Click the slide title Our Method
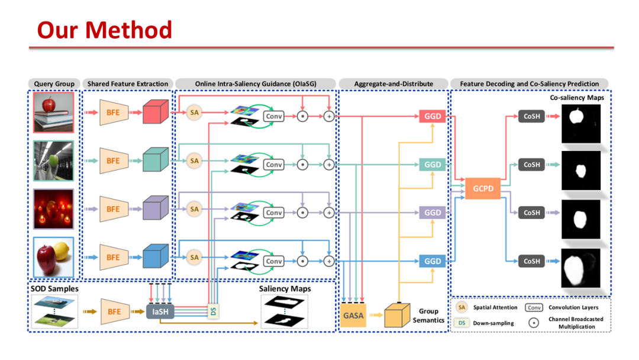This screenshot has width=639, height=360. pyautogui.click(x=104, y=30)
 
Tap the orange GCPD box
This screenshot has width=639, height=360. pyautogui.click(x=483, y=189)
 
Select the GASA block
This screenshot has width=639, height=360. pyautogui.click(x=353, y=315)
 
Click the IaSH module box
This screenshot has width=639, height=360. pyautogui.click(x=160, y=311)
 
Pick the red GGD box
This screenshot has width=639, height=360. pyautogui.click(x=433, y=116)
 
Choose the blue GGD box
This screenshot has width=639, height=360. pyautogui.click(x=433, y=261)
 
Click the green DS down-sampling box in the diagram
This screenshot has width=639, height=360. pyautogui.click(x=213, y=310)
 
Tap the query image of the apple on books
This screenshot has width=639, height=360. pyautogui.click(x=54, y=112)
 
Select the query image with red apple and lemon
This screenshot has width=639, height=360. pyautogui.click(x=54, y=257)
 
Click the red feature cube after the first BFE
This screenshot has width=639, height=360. pyautogui.click(x=156, y=112)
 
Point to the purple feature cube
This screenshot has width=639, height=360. pyautogui.click(x=156, y=208)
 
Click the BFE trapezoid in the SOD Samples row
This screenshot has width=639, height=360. pyautogui.click(x=114, y=311)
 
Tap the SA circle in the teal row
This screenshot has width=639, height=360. pyautogui.click(x=194, y=160)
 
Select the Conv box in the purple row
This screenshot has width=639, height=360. pyautogui.click(x=274, y=213)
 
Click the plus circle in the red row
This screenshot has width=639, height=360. pyautogui.click(x=329, y=116)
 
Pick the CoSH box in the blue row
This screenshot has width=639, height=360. pyautogui.click(x=531, y=261)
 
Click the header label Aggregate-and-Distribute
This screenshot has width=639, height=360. pyautogui.click(x=393, y=84)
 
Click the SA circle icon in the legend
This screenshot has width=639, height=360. pyautogui.click(x=461, y=307)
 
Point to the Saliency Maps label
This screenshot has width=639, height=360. pyautogui.click(x=285, y=289)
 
